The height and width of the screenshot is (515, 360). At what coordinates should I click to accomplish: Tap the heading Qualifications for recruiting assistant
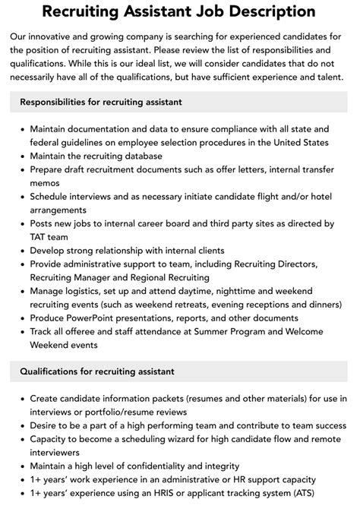pyautogui.click(x=97, y=371)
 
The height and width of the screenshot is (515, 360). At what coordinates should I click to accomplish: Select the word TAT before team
pyautogui.click(x=39, y=237)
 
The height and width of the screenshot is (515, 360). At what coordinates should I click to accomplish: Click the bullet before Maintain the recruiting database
pyautogui.click(x=21, y=156)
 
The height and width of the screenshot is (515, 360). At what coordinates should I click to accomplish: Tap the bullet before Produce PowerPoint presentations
pyautogui.click(x=21, y=318)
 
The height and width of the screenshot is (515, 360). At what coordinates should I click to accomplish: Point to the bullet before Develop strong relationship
pyautogui.click(x=21, y=251)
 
